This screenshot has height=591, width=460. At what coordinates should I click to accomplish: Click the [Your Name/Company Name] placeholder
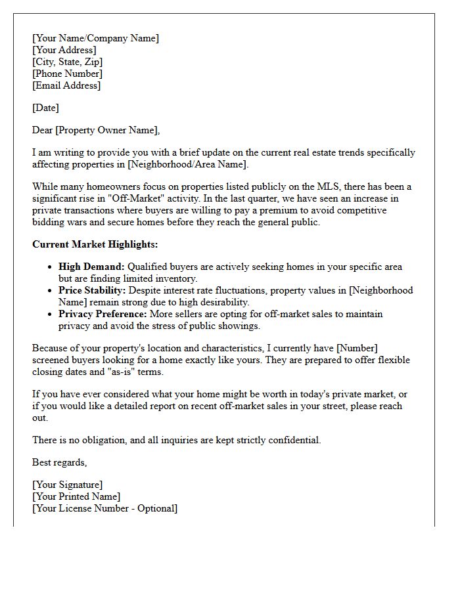tap(95, 38)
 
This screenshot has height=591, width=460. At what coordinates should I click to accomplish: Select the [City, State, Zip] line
tap(67, 62)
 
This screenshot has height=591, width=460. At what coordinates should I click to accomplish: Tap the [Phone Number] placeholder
tap(67, 74)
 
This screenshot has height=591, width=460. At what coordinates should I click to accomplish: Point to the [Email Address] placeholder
tap(66, 85)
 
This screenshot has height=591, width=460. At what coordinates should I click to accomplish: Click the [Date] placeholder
tap(45, 108)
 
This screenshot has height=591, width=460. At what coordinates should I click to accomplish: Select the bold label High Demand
tap(91, 267)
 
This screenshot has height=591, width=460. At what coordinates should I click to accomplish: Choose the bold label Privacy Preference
tap(103, 314)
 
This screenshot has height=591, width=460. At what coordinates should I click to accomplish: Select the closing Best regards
tap(59, 462)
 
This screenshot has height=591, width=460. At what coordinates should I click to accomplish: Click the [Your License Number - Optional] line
tap(104, 508)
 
